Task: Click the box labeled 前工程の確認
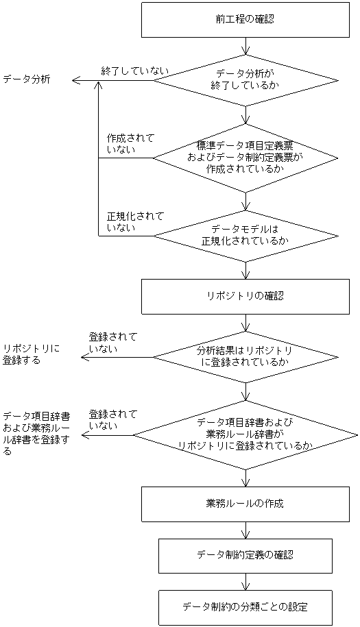click(245, 19)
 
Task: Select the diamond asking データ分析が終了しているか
click(245, 81)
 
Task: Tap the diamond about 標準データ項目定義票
click(245, 158)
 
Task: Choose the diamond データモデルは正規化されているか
click(245, 236)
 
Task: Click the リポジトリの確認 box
click(245, 296)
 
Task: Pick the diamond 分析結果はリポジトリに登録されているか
click(245, 356)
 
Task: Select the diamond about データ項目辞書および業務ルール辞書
click(245, 434)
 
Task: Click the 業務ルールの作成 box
click(245, 504)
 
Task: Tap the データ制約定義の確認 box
click(245, 555)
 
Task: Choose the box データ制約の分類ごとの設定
click(245, 607)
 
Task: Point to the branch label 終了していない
click(134, 71)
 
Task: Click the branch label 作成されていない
click(130, 143)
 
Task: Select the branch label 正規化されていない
click(135, 221)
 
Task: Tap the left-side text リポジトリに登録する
click(31, 354)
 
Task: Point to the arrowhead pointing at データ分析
click(76, 81)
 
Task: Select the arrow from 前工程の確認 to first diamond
click(245, 46)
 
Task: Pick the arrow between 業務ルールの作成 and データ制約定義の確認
click(245, 530)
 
